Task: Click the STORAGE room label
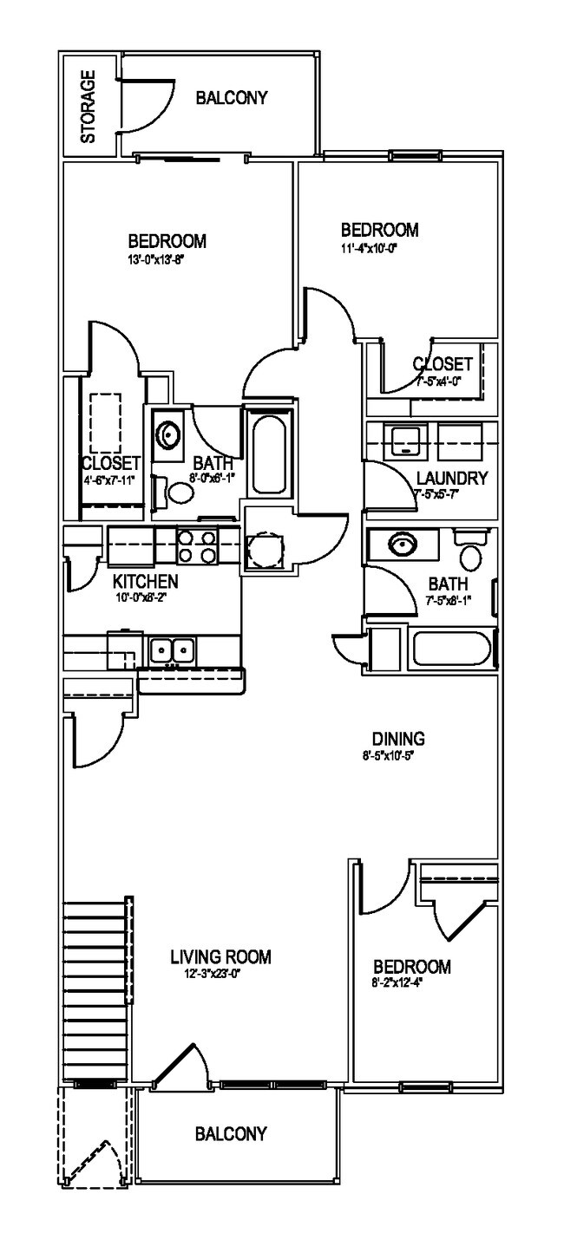click(x=88, y=106)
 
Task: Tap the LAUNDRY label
click(x=451, y=478)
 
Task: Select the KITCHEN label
click(x=145, y=581)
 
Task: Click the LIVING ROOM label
click(x=220, y=957)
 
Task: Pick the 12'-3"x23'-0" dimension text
click(x=220, y=974)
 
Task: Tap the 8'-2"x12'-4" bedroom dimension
click(x=410, y=982)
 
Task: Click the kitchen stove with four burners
click(x=197, y=548)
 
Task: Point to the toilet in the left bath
click(x=181, y=494)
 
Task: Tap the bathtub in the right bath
click(x=449, y=650)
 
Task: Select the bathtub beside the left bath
click(x=267, y=453)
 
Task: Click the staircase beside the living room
click(x=97, y=988)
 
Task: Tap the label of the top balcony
click(x=231, y=98)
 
